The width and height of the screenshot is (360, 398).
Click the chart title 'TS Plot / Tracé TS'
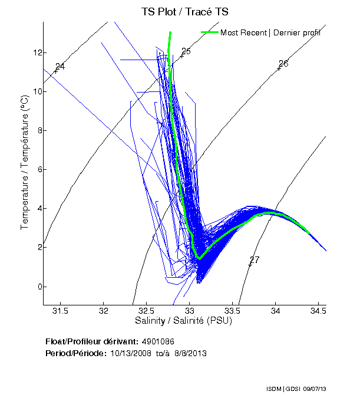[185, 12]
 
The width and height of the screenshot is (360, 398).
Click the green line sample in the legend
[210, 32]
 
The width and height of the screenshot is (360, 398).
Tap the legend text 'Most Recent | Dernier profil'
[270, 32]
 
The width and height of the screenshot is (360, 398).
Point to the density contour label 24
[60, 67]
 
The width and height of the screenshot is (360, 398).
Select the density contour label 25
[186, 52]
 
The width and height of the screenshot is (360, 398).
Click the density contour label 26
[283, 63]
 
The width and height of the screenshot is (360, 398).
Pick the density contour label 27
[255, 260]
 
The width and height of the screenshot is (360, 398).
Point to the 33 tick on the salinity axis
[190, 310]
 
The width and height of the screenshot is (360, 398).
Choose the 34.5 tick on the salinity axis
[319, 310]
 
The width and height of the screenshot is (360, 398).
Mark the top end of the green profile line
[170, 32]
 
